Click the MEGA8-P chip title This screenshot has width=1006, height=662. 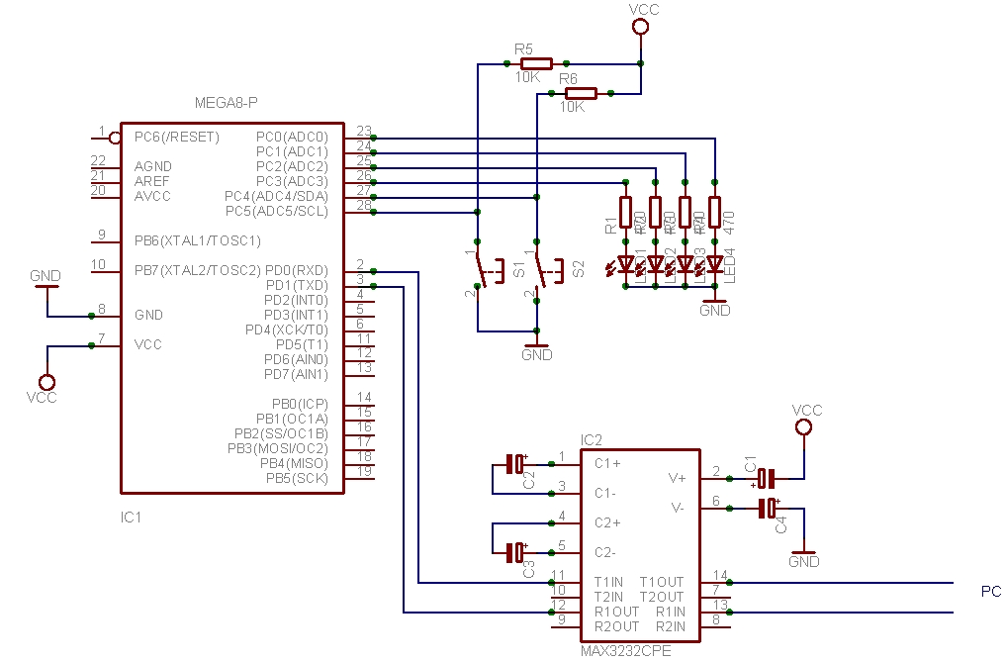tap(228, 103)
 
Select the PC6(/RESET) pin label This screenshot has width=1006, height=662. tap(177, 137)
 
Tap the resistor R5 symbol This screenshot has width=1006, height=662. tap(535, 63)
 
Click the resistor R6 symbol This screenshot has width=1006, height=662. tap(581, 93)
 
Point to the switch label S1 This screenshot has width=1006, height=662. tap(520, 268)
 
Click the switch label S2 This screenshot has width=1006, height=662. tap(579, 268)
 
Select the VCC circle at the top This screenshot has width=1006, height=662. tap(640, 29)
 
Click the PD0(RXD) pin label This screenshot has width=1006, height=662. tap(298, 270)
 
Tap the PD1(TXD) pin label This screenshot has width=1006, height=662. tap(298, 285)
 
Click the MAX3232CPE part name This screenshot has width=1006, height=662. tap(626, 650)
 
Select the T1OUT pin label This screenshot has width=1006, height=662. tap(661, 582)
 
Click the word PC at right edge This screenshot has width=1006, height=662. tap(990, 592)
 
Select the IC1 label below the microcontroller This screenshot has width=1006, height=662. tap(132, 517)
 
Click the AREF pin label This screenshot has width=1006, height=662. tap(152, 181)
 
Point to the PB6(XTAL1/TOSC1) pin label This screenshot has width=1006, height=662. tap(198, 240)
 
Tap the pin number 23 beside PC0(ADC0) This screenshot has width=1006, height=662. tap(363, 131)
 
